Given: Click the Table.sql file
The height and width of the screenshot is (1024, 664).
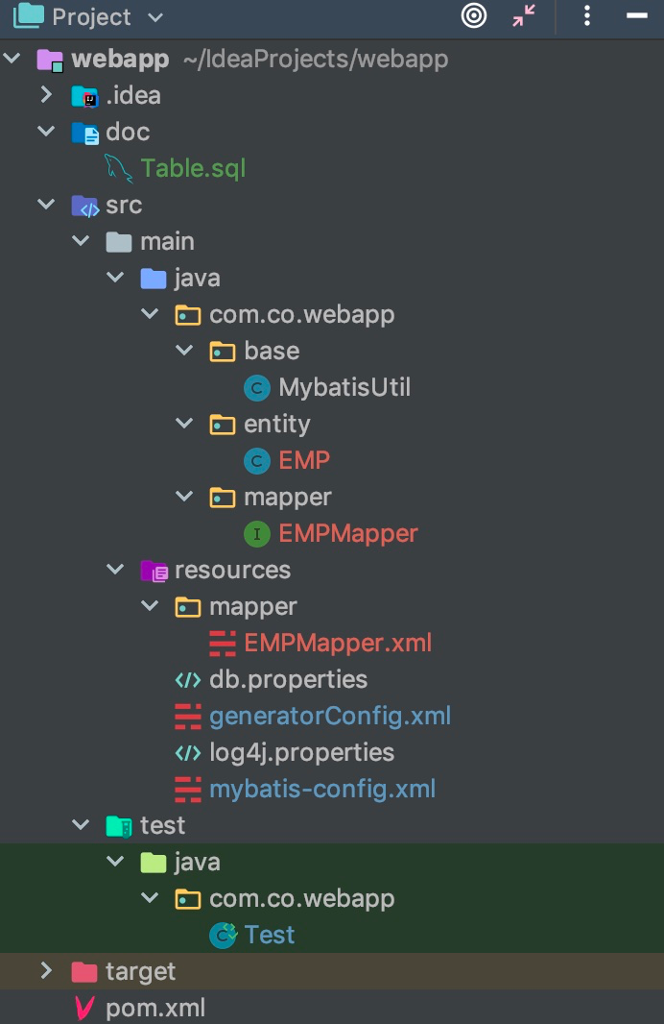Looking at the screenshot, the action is (x=193, y=168).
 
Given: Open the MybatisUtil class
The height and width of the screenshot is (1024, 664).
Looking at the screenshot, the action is (x=344, y=387).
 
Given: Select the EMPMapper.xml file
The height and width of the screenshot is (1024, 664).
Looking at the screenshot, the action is (x=338, y=644).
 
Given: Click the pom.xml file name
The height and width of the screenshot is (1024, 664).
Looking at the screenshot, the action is (x=155, y=1009).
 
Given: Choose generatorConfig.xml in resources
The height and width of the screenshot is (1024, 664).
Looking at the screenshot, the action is (x=330, y=717).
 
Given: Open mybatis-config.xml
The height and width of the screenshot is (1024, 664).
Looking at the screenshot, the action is (x=322, y=789).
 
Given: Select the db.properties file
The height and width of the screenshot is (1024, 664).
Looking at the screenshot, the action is (x=288, y=680).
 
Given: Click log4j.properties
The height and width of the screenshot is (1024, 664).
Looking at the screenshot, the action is (x=301, y=753).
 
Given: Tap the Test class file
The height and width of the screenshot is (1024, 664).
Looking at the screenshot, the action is (x=270, y=936).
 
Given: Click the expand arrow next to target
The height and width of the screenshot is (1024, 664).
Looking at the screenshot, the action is (x=46, y=971).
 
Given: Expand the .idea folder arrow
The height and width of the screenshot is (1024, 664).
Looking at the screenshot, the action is (x=46, y=95).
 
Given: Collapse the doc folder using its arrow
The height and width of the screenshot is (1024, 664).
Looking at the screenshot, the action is (x=46, y=132).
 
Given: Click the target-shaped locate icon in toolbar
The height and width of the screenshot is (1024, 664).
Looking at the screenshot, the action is (x=474, y=15).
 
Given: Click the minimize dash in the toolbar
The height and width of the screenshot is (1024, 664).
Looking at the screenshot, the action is (x=636, y=15).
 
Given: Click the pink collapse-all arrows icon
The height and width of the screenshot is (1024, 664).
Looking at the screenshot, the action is (x=524, y=15).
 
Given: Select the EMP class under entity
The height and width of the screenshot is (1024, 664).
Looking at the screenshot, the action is (x=304, y=460).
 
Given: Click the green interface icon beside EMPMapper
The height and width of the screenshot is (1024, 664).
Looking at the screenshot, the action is (x=257, y=534).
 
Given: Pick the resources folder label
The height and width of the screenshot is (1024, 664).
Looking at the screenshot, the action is (x=232, y=571).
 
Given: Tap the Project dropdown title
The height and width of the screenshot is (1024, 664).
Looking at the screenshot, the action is (x=91, y=17).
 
